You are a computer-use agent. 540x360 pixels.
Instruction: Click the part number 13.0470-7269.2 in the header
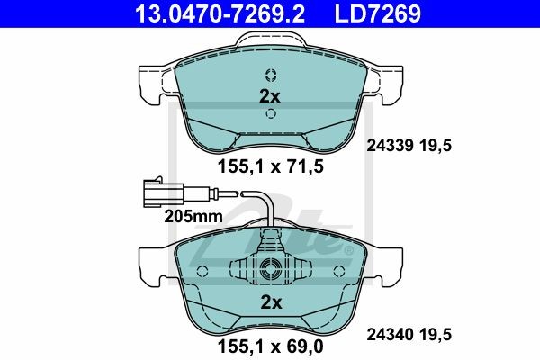[220, 13]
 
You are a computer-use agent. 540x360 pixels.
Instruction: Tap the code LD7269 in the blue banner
[378, 13]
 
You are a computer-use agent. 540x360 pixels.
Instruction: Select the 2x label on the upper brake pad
[270, 97]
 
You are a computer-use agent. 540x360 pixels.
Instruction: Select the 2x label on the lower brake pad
[272, 302]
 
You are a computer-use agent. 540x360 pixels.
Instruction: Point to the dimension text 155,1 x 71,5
[271, 167]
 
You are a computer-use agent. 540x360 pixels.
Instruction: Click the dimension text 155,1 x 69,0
[271, 346]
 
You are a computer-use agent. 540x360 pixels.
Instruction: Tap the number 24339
[390, 146]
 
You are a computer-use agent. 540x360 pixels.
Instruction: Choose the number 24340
[390, 334]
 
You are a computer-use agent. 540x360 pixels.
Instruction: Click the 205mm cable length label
[193, 217]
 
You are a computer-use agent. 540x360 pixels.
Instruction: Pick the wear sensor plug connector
[163, 193]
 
